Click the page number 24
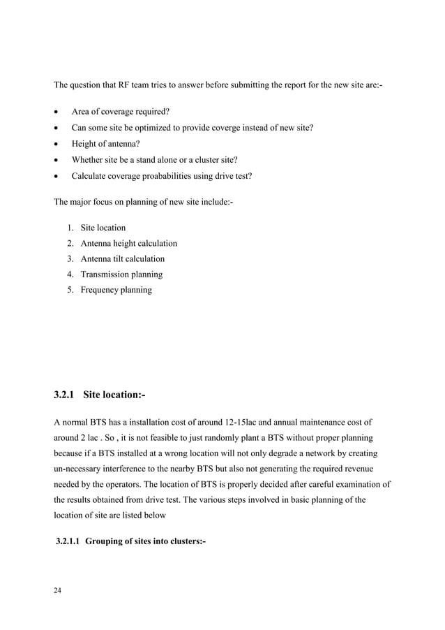pos(58,591)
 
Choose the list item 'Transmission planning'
pos(121,274)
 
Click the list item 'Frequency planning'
pos(116,290)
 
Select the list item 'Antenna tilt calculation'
pos(123,259)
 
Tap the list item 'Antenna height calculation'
pos(128,244)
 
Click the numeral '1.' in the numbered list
pos(71,228)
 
